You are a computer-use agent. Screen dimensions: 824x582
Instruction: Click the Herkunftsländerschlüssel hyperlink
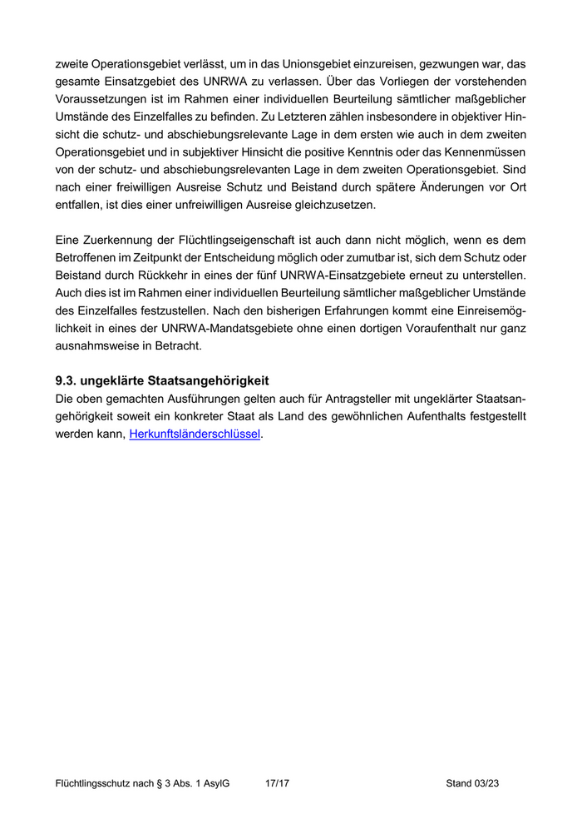tap(195, 434)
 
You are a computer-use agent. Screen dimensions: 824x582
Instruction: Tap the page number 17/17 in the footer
tap(276, 783)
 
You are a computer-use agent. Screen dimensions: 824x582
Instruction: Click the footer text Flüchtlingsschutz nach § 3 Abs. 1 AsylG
tap(142, 783)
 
